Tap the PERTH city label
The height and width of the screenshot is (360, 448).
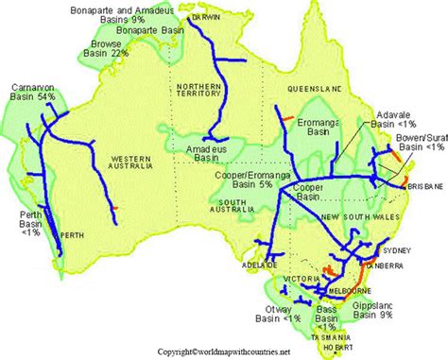72,234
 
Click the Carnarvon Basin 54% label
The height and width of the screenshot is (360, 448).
32,92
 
